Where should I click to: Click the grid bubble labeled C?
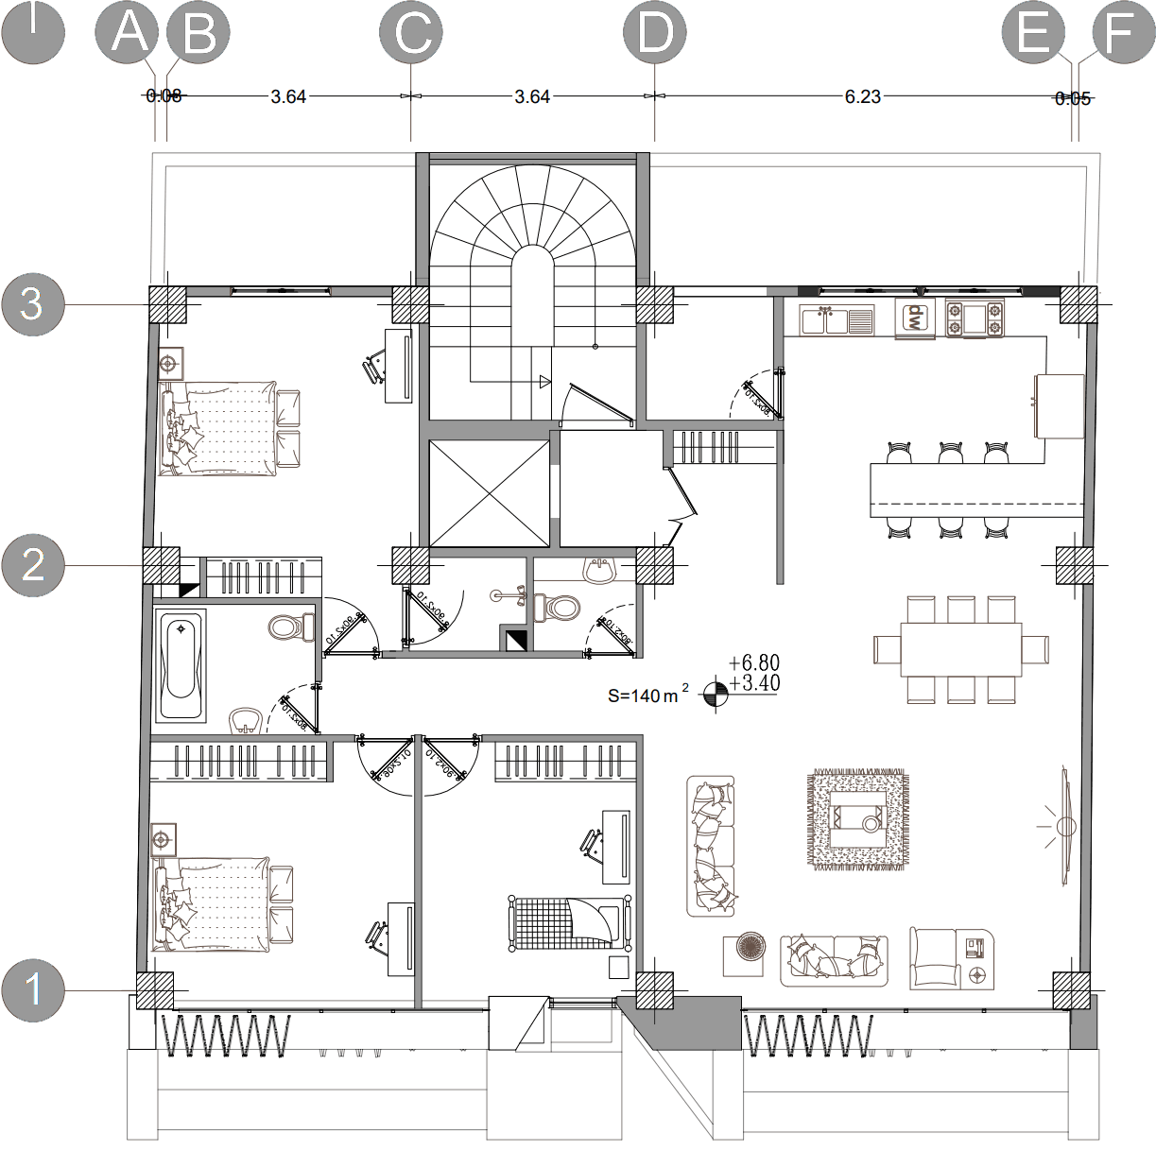(x=410, y=35)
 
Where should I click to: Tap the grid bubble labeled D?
(x=655, y=35)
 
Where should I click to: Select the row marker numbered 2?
(x=32, y=565)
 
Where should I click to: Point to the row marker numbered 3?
(x=32, y=304)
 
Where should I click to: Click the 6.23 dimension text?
(x=862, y=96)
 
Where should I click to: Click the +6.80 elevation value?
(x=754, y=663)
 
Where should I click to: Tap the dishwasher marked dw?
(x=914, y=318)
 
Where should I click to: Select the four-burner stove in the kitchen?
(x=975, y=318)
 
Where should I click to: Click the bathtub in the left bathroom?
(x=181, y=667)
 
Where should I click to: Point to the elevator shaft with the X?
(x=488, y=493)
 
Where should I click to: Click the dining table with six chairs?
(x=960, y=649)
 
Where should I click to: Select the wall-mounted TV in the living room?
(x=1064, y=827)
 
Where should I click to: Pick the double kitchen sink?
(x=836, y=320)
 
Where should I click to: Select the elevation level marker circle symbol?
(x=715, y=695)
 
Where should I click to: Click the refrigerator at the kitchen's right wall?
(x=1059, y=405)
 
